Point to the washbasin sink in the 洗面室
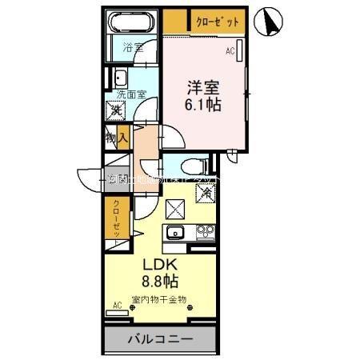click(x=120, y=78)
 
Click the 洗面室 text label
click(x=130, y=94)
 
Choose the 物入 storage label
click(x=117, y=138)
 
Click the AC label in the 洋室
click(x=230, y=51)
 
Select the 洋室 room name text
click(x=204, y=86)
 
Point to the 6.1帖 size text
click(x=204, y=104)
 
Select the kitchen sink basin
click(x=174, y=234)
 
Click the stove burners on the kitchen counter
click(x=206, y=234)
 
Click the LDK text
click(x=160, y=265)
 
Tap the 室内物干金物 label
click(x=159, y=299)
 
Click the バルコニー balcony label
click(x=160, y=340)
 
